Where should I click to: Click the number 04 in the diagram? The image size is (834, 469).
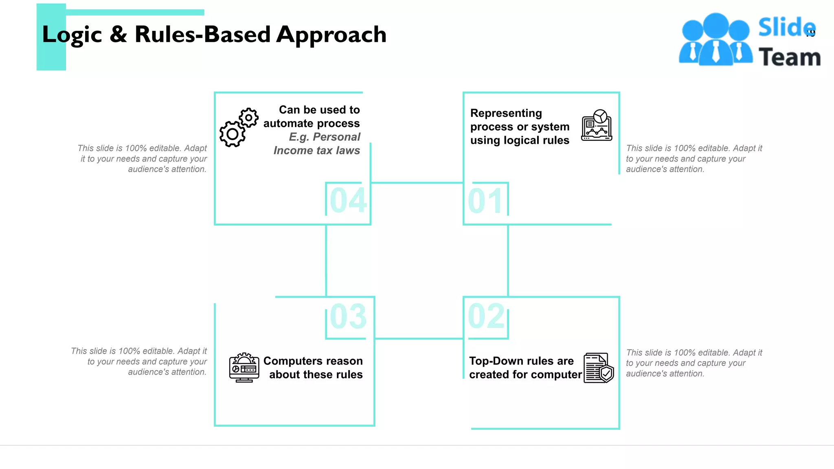click(348, 200)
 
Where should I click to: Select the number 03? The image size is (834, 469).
click(348, 316)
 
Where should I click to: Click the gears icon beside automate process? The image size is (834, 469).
click(238, 128)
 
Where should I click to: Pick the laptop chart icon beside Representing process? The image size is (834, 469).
click(597, 125)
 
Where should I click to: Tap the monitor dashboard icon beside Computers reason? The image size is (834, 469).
click(244, 368)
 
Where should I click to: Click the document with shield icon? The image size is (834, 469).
click(598, 368)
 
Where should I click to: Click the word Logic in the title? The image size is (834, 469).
click(72, 35)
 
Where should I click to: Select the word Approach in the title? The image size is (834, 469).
click(331, 35)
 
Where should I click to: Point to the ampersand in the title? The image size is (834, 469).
click(118, 34)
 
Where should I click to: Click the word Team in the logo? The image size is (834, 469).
click(789, 57)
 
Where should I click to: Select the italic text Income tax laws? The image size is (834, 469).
click(316, 151)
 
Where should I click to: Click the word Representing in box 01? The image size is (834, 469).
click(506, 113)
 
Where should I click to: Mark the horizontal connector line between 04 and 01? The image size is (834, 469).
click(417, 183)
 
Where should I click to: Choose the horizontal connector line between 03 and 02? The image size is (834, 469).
click(419, 338)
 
